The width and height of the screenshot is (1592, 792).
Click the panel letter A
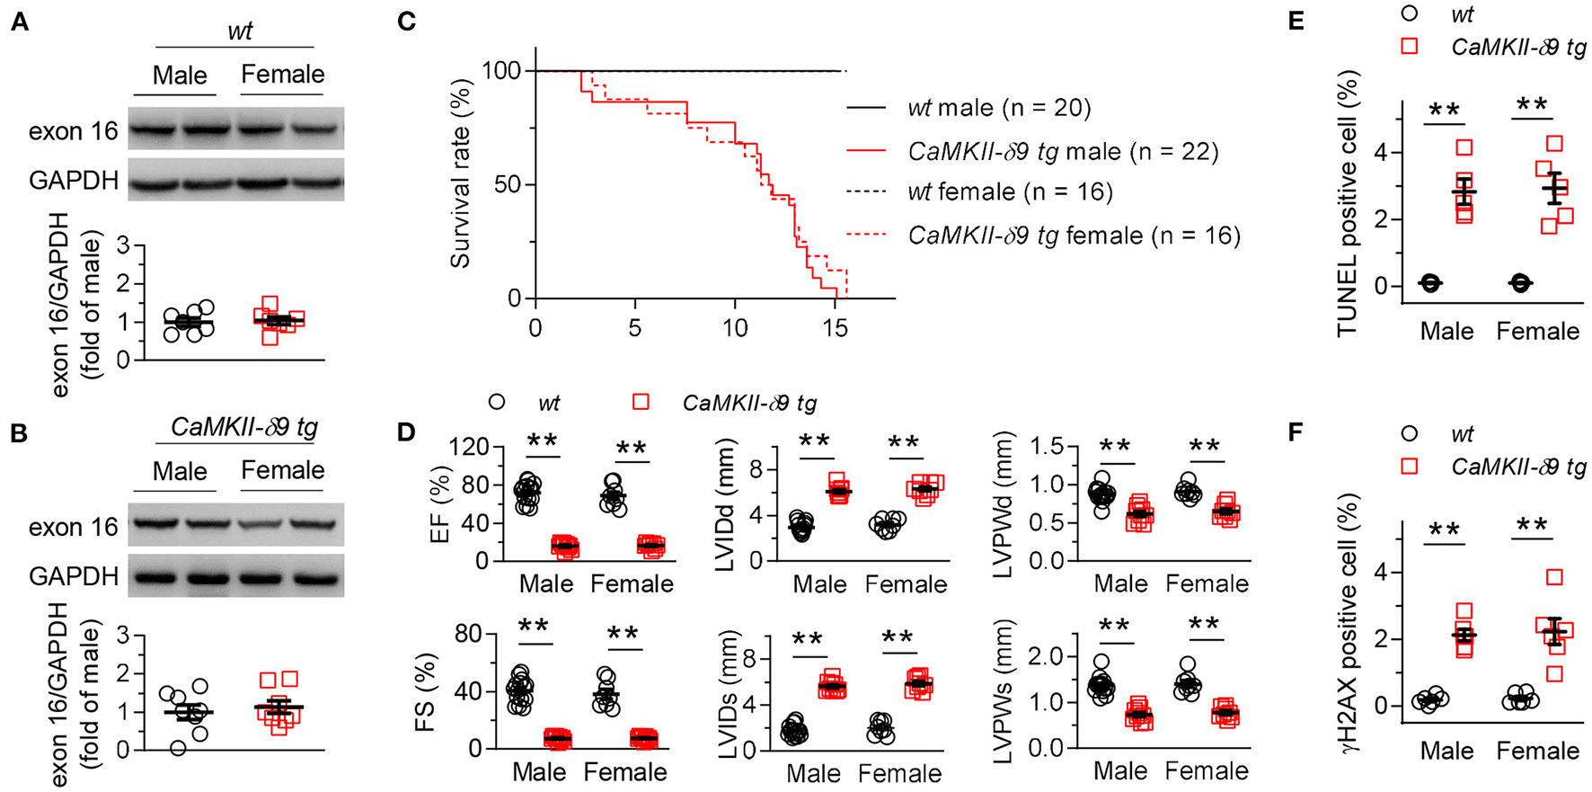tap(19, 22)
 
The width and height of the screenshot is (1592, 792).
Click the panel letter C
tap(407, 20)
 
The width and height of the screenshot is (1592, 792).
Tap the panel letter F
tap(1296, 432)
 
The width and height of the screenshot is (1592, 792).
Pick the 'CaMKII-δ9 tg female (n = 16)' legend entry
tap(1074, 236)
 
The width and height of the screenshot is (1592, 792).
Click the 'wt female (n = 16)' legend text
tap(1010, 191)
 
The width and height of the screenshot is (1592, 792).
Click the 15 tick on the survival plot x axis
tap(836, 327)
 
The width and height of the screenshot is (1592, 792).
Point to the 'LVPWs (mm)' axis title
tap(1004, 692)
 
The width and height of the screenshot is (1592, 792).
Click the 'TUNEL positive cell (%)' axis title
tap(1347, 204)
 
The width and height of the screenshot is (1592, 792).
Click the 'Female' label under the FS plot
tap(625, 772)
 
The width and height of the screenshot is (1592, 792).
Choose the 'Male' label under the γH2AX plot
tap(1446, 751)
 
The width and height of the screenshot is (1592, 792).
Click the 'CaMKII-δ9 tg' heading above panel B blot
tap(243, 426)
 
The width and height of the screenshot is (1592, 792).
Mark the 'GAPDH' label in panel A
tap(74, 181)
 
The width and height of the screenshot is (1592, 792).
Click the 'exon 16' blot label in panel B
tap(74, 527)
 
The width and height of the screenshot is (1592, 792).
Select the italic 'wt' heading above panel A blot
tap(239, 31)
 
